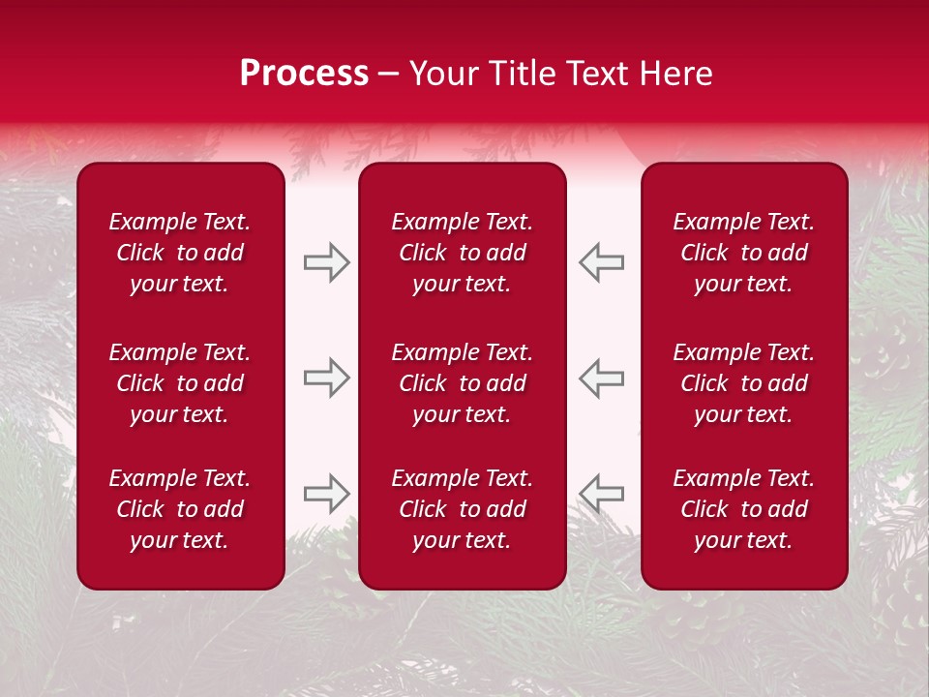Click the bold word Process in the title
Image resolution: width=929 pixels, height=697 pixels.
tap(304, 74)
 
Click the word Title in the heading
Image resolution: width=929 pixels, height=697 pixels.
tap(520, 74)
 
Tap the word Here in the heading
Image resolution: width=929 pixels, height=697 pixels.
tap(676, 74)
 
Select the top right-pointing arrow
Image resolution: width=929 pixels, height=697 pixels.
tap(326, 262)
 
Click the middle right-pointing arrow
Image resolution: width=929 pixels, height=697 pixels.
tap(326, 378)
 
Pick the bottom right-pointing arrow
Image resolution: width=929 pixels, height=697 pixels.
tap(326, 494)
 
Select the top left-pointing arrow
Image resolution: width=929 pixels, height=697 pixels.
tap(602, 262)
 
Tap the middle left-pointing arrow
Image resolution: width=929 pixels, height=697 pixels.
tap(602, 378)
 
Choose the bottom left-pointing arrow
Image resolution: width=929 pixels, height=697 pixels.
tap(602, 494)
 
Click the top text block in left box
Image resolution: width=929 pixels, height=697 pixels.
tap(180, 253)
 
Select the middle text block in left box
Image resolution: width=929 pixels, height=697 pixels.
tap(180, 383)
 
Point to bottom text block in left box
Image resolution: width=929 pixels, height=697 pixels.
tap(180, 509)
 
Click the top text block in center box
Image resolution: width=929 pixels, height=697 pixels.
tap(462, 253)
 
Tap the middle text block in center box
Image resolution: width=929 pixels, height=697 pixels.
tap(462, 383)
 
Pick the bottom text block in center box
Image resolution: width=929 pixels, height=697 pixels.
tap(462, 509)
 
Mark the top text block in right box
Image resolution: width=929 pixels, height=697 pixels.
tap(743, 253)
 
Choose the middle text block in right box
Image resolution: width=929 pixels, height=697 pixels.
tap(743, 383)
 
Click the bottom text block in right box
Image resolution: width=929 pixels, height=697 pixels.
tap(743, 509)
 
